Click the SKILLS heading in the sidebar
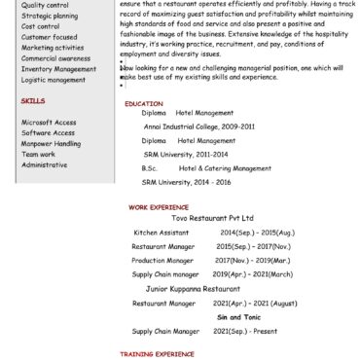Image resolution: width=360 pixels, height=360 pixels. [32, 100]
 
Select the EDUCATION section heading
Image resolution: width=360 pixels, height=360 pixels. [144, 103]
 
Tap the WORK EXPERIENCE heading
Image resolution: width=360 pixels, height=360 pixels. [158, 207]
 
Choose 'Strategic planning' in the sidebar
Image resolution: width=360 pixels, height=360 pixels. [49, 16]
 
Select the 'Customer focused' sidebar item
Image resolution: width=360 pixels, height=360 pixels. [49, 37]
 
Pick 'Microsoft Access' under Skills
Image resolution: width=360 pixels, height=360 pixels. [49, 123]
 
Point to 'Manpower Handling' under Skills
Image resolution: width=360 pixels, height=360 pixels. [52, 143]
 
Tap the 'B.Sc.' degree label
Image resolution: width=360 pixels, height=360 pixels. [149, 168]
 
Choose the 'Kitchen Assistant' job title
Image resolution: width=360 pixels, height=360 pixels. [162, 234]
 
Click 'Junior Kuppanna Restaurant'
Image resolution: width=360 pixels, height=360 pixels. [193, 289]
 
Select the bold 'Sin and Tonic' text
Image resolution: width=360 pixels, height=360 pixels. [239, 318]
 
